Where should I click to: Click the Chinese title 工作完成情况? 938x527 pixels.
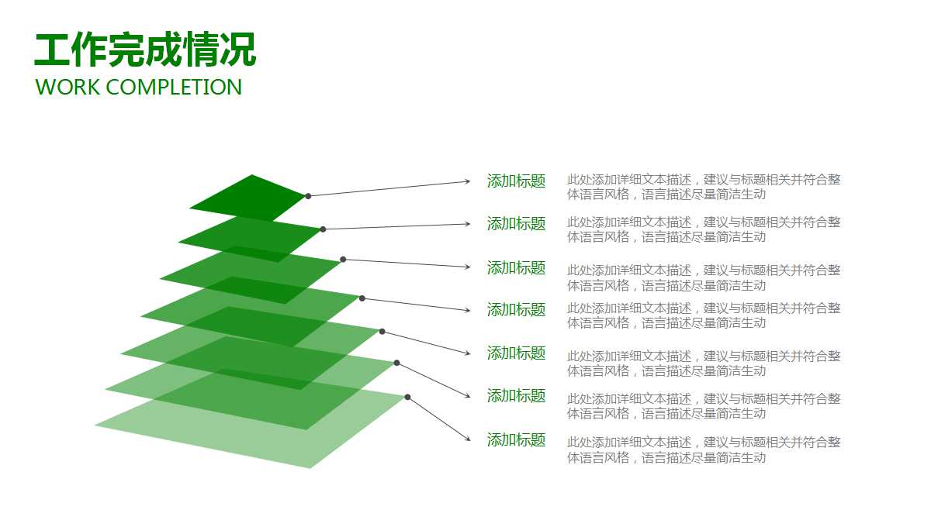tap(145, 51)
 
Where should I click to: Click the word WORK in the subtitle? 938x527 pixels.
tap(68, 87)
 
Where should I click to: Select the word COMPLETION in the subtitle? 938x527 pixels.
tap(174, 87)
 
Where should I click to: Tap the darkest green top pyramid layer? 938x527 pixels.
tap(248, 198)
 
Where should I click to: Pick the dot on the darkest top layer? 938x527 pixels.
tap(308, 196)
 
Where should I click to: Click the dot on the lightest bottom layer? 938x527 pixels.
tap(407, 397)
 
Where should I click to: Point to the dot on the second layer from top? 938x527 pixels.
tap(323, 229)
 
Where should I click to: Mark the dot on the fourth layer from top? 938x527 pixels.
tap(362, 298)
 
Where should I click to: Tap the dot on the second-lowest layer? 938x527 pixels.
tap(396, 363)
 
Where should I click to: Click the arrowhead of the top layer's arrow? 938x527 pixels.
tap(468, 181)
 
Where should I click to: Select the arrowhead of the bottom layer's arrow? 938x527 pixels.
tap(468, 439)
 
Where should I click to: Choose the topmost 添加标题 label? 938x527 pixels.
tap(516, 181)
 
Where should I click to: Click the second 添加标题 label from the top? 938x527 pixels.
tap(516, 224)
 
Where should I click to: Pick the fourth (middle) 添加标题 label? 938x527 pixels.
tap(516, 310)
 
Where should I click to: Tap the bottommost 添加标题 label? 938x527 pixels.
tap(516, 440)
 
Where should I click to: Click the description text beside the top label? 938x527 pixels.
tap(703, 187)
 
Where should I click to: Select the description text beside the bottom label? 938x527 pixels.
tap(703, 449)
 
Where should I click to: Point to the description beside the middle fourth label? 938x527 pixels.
tap(703, 315)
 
